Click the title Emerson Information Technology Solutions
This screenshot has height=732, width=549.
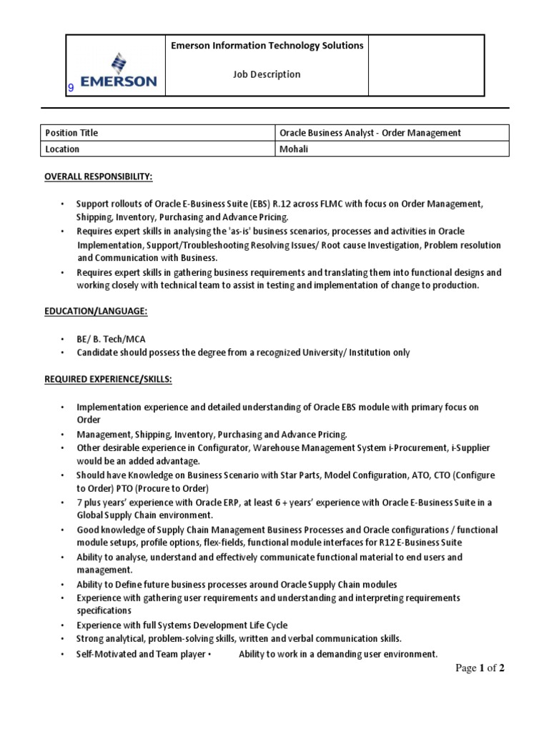[x=267, y=46]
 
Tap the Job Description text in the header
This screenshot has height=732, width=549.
[x=267, y=74]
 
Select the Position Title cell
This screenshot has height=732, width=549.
[x=71, y=133]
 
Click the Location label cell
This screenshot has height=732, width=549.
[x=63, y=149]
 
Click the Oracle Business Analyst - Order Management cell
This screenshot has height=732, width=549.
[x=370, y=133]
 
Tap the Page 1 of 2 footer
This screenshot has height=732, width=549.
[x=480, y=668]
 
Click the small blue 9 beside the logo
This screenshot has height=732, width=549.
[x=71, y=88]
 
